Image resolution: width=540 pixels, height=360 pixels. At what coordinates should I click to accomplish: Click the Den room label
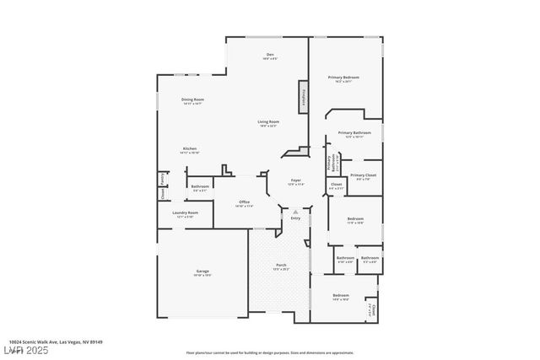tap(268, 56)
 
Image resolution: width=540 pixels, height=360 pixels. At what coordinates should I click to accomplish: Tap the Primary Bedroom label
tap(344, 78)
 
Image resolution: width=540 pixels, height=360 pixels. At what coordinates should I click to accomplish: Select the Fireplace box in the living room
tap(302, 97)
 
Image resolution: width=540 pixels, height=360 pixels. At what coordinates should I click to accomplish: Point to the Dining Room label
tap(193, 99)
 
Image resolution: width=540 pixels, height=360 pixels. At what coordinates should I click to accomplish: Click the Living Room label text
tap(268, 122)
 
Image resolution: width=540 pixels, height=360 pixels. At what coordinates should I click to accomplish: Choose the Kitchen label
tap(190, 149)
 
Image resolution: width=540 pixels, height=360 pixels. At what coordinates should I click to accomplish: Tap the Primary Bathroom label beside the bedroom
tap(354, 133)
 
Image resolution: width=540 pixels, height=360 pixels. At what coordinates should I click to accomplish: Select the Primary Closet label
tap(363, 175)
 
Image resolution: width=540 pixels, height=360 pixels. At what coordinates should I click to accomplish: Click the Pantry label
tap(161, 179)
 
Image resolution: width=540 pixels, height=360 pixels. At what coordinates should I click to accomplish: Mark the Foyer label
tap(295, 180)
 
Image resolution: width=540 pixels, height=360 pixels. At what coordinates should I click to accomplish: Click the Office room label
tap(244, 202)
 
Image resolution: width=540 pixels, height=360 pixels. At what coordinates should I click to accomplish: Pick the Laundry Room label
tap(185, 213)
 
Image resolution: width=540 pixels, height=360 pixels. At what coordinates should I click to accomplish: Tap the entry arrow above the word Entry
tap(295, 211)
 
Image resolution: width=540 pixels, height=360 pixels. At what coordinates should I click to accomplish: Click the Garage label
tap(202, 271)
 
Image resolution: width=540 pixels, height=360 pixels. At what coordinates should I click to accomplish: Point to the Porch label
tap(281, 266)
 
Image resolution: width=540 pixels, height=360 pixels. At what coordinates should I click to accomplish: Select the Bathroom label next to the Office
tap(200, 187)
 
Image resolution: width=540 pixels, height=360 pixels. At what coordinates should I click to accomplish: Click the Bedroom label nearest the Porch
tap(340, 295)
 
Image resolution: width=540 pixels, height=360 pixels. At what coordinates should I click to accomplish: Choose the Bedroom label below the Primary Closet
tap(355, 219)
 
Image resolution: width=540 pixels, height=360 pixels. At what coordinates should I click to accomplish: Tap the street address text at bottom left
tap(51, 341)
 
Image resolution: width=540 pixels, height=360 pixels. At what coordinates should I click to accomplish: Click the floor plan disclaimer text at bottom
tap(269, 351)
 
